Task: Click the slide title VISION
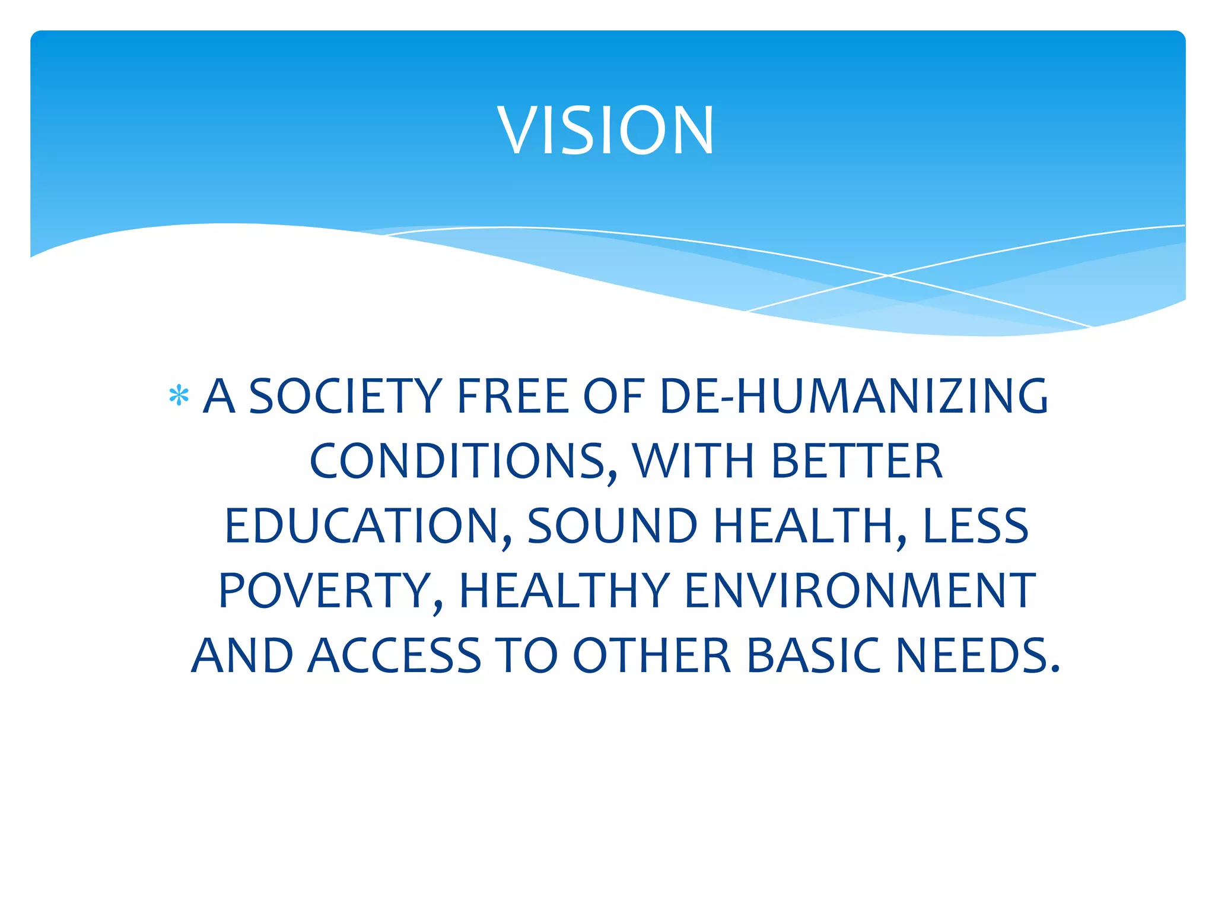pyautogui.click(x=606, y=130)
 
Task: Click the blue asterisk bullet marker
pyautogui.click(x=179, y=396)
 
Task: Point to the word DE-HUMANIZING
pyautogui.click(x=854, y=396)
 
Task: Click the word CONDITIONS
pyautogui.click(x=463, y=461)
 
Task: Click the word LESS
pyautogui.click(x=975, y=527)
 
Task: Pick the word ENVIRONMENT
pyautogui.click(x=860, y=591)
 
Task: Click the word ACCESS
pyautogui.click(x=394, y=656)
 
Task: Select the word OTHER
pyautogui.click(x=651, y=656)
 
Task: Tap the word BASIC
pyautogui.click(x=813, y=656)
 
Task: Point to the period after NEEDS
pyautogui.click(x=1054, y=669)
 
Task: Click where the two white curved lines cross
pyautogui.click(x=888, y=275)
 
